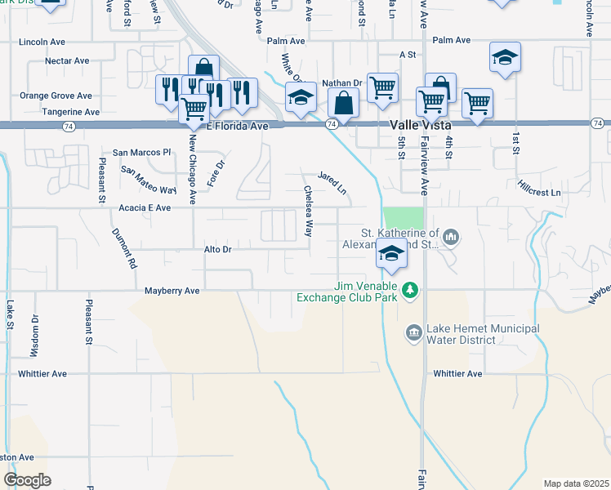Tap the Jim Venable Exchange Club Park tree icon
[412, 290]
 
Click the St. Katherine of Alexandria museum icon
[451, 238]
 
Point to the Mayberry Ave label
[172, 290]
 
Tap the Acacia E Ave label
[145, 208]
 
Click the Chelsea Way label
[309, 212]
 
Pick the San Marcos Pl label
[141, 152]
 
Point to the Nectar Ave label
[67, 61]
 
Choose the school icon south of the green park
[392, 254]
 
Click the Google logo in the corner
[27, 480]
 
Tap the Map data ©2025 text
[575, 483]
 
